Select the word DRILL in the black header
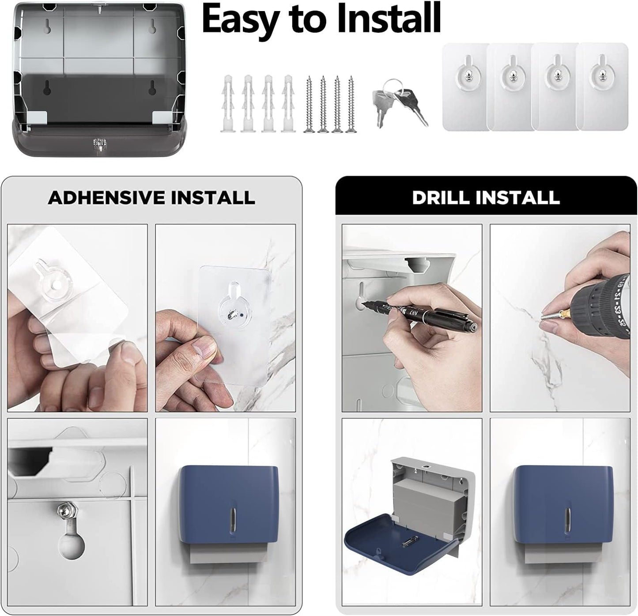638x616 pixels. (x=443, y=197)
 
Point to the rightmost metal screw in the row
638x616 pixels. (x=351, y=104)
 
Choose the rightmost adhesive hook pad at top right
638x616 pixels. (x=602, y=87)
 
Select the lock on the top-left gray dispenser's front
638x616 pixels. (x=99, y=142)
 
